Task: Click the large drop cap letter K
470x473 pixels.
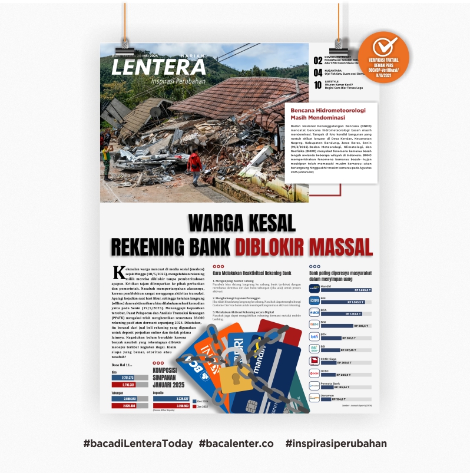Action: point(117,272)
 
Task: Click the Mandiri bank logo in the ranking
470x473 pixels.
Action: point(314,289)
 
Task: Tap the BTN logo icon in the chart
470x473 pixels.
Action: point(314,336)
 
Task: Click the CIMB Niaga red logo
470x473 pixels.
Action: point(314,360)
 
